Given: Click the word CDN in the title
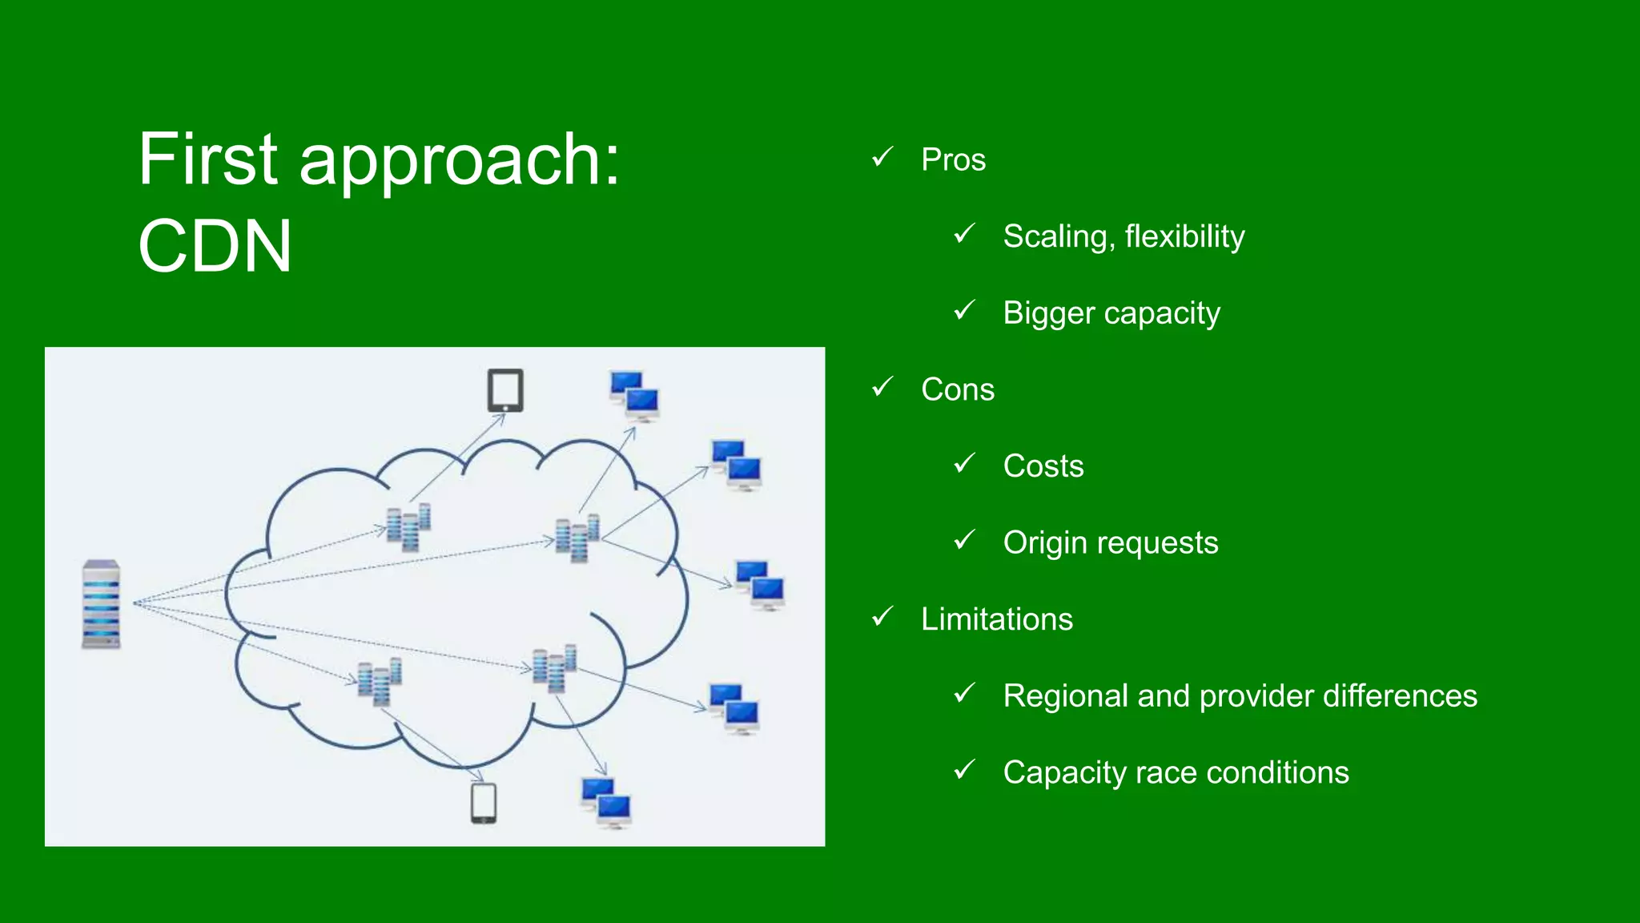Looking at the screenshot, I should point(215,246).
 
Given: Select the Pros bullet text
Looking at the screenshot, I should point(953,159).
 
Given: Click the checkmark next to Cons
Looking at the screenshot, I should point(882,388).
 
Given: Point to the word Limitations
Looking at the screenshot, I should point(996,619).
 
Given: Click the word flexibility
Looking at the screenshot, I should point(1184,236).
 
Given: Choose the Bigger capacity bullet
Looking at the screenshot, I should point(1111,313).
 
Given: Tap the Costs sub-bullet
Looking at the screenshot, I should point(1043,466).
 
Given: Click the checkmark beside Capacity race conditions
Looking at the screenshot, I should point(964,771).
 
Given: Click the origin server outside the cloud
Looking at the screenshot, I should point(101,604).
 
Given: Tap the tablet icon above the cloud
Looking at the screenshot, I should point(505,391).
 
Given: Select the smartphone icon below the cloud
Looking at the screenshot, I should point(484,803).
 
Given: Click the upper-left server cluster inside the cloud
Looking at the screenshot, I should point(408,528).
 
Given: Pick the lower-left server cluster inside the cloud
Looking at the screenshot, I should point(379,682).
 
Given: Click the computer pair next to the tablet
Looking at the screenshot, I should point(634,396).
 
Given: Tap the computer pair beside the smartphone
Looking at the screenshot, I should point(606,802).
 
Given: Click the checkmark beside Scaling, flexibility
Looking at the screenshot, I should point(964,235).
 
